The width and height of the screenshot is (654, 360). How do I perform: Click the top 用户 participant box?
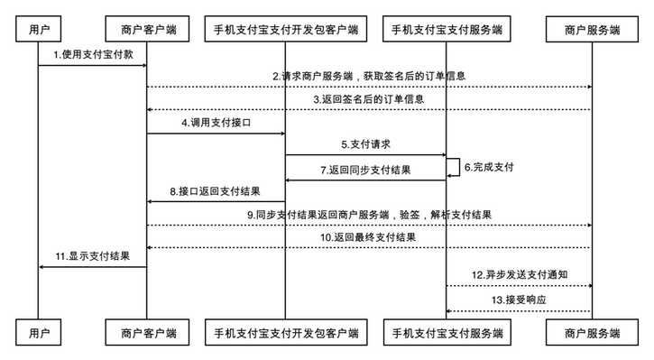click(38, 30)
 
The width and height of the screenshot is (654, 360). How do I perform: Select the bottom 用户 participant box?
click(38, 333)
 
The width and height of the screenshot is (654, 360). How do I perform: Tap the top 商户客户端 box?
click(147, 30)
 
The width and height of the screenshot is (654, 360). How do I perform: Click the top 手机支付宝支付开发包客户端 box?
click(286, 30)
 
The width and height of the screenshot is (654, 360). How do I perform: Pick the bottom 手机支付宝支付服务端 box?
click(447, 333)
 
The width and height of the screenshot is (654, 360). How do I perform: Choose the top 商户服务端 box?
click(592, 30)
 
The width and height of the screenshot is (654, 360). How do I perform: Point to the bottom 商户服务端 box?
click(592, 333)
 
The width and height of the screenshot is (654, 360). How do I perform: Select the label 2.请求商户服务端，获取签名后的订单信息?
click(370, 78)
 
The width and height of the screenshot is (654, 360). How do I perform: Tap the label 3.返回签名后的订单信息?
click(370, 99)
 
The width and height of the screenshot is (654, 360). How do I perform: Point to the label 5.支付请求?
click(366, 144)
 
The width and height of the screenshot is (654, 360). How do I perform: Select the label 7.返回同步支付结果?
click(366, 171)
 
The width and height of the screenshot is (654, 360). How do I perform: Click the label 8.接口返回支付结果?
click(216, 191)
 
